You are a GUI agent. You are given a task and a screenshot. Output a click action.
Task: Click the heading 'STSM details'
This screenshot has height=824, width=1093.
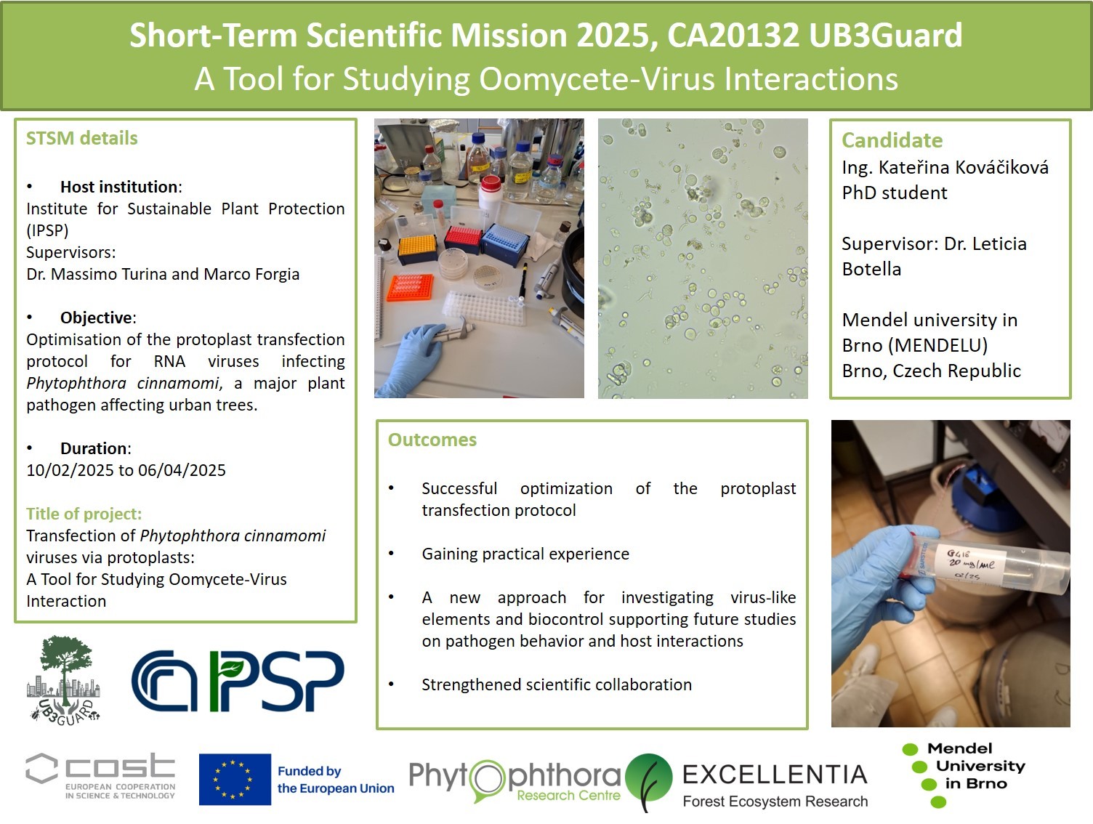coord(81,138)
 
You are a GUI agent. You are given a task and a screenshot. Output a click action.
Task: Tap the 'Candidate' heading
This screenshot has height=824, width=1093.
coord(892,140)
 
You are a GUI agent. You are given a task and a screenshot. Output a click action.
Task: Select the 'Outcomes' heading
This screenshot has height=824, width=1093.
coord(432,440)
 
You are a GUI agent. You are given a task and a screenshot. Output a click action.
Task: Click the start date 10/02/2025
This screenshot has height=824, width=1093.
coord(70,470)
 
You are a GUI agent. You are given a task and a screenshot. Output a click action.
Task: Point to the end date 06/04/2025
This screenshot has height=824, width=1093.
coord(182,470)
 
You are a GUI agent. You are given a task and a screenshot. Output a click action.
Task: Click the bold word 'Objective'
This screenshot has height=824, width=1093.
coord(96,318)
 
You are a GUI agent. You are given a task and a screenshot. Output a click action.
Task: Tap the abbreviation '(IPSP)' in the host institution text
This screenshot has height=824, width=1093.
coord(47,230)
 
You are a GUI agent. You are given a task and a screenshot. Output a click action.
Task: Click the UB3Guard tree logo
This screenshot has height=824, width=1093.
coord(64,679)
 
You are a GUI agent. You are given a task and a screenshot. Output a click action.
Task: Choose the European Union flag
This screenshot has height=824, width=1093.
coord(235,779)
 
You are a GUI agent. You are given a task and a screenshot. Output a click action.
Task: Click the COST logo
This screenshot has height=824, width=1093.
coord(100,776)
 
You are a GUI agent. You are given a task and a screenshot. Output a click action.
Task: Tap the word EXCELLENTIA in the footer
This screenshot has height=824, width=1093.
coord(775,775)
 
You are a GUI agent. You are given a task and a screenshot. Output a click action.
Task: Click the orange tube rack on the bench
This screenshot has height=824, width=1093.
coord(410,287)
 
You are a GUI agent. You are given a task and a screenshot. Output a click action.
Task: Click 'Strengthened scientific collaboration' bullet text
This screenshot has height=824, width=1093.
coord(557,684)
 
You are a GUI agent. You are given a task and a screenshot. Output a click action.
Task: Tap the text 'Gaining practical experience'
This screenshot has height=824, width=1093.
coord(525,554)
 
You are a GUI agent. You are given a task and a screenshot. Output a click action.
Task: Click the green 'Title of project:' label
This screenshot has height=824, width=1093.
coord(84,514)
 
